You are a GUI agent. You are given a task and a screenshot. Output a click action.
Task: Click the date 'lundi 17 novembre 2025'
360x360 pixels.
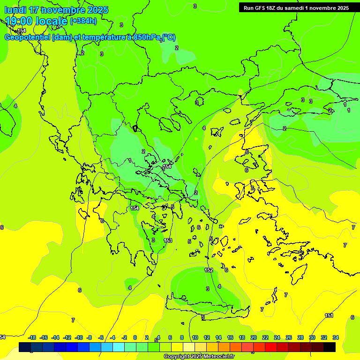[x=56, y=10]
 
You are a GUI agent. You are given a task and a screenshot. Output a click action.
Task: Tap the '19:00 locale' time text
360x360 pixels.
[x=37, y=21]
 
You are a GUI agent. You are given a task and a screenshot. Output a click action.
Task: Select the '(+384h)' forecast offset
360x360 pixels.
[x=83, y=21]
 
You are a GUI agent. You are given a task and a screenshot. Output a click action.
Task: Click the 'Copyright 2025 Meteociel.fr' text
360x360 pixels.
[x=199, y=357]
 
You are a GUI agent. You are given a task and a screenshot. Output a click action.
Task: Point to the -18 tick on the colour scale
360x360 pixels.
[x=32, y=337]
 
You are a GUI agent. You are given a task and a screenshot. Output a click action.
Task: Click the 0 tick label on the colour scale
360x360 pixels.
[x=135, y=337]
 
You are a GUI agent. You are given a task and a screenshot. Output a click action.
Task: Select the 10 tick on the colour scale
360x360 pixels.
[x=195, y=337]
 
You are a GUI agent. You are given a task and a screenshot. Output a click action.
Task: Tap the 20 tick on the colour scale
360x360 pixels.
[x=254, y=337]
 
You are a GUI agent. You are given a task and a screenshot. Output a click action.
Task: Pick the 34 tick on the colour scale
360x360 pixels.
[x=336, y=337]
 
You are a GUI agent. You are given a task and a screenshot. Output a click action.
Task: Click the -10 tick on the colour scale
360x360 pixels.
[x=79, y=337]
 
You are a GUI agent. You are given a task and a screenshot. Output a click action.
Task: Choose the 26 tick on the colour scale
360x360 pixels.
[x=289, y=337]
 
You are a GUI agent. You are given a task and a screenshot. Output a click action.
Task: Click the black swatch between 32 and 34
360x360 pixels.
[x=330, y=347]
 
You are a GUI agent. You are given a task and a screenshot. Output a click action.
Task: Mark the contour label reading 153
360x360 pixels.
[x=168, y=240]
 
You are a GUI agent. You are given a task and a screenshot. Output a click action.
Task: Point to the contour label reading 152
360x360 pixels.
[x=209, y=270]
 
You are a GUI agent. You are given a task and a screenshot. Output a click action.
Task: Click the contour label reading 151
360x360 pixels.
[x=329, y=315]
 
